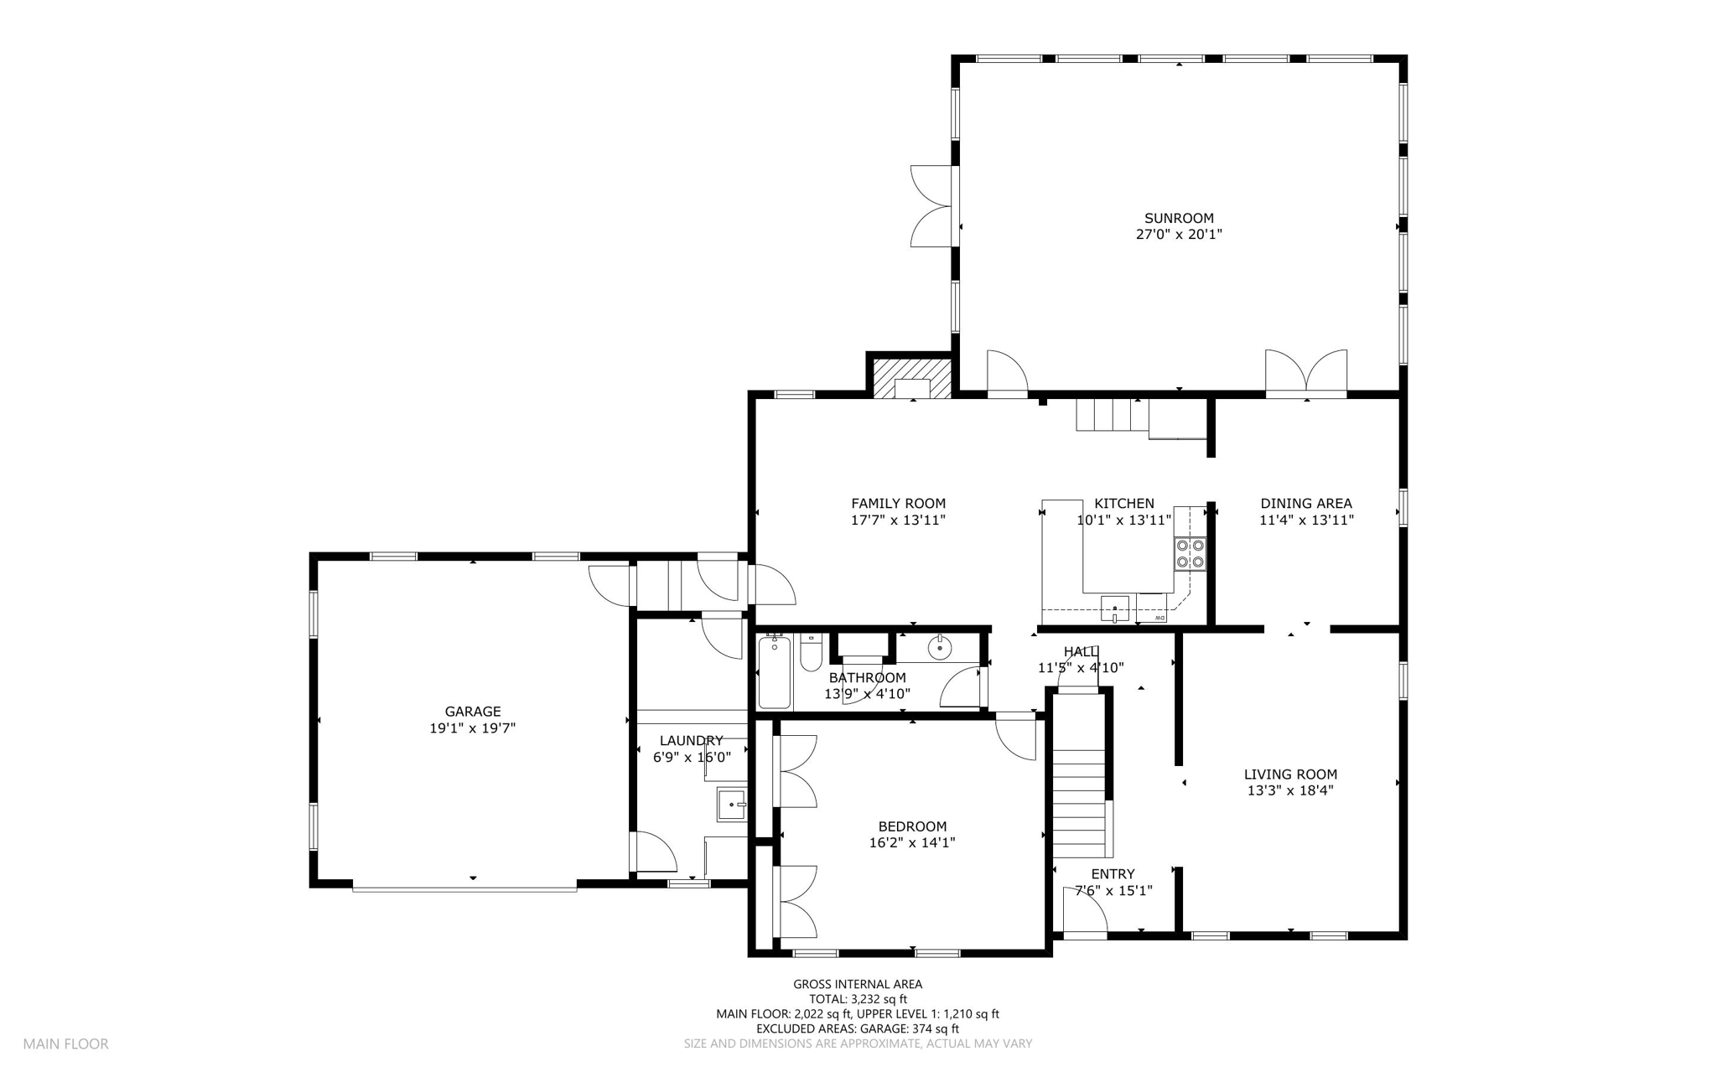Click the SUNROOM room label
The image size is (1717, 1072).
[1179, 219]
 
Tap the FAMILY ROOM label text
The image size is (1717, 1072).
[898, 504]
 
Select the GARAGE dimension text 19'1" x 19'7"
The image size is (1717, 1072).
[472, 728]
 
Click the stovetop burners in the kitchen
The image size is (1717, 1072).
[1190, 552]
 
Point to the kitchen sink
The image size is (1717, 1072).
[1115, 608]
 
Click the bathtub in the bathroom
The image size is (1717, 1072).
[774, 672]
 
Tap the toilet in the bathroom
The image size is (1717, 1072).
[811, 654]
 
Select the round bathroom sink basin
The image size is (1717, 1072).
[940, 647]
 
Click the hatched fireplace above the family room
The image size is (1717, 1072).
[912, 378]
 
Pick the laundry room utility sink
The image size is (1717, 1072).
[732, 805]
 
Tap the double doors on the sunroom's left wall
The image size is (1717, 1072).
[932, 206]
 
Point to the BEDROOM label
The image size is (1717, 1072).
[912, 826]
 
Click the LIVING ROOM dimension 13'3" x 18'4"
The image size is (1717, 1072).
[1289, 790]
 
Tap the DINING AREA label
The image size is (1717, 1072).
[1306, 504]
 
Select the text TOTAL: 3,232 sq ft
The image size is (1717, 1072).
[858, 999]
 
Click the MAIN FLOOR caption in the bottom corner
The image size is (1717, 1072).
[65, 1044]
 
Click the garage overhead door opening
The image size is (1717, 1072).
[464, 887]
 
